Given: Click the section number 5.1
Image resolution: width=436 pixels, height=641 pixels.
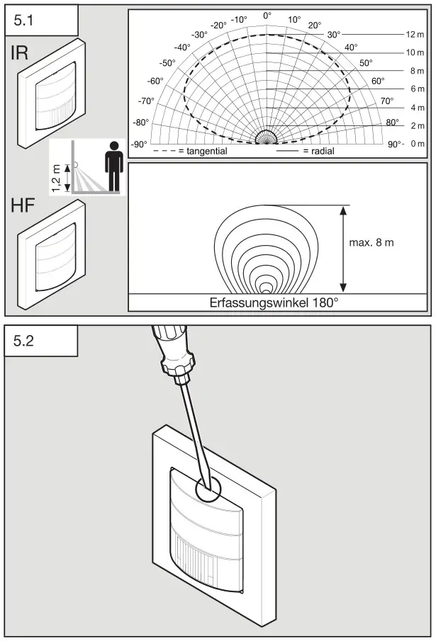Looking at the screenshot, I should (x=23, y=21).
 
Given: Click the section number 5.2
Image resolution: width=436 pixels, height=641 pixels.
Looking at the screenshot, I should (x=23, y=341).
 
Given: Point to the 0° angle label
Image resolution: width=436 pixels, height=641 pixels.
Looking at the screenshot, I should (x=267, y=15).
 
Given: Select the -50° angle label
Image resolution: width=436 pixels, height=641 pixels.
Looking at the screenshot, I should (x=167, y=63).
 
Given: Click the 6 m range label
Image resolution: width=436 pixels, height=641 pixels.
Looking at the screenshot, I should (x=416, y=89).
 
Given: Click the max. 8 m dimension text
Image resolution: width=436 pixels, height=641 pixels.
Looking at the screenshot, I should (x=371, y=242).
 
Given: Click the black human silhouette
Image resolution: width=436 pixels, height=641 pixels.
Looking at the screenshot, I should (x=113, y=167).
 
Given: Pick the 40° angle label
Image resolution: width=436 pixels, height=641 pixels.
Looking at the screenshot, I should (x=350, y=47).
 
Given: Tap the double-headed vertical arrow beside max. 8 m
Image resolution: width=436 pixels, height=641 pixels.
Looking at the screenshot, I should (x=342, y=249).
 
